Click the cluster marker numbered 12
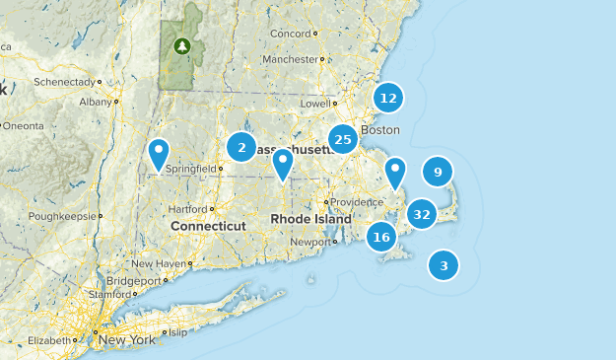click(x=388, y=98)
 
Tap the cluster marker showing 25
click(x=343, y=139)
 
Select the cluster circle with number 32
click(x=422, y=213)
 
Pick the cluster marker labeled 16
click(x=381, y=237)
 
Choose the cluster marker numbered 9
click(x=438, y=172)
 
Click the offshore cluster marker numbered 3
click(x=444, y=264)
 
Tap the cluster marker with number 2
click(x=240, y=147)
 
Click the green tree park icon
click(x=181, y=45)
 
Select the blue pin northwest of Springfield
click(x=159, y=155)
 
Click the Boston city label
click(x=380, y=130)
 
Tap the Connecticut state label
click(x=207, y=226)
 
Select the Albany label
click(x=96, y=101)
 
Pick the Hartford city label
click(x=187, y=209)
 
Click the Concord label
click(x=291, y=33)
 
